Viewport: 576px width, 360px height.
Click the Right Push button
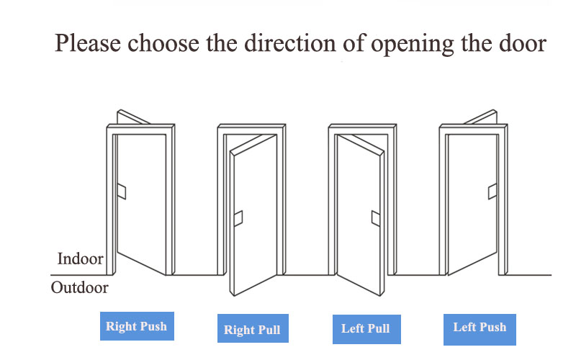click(x=137, y=326)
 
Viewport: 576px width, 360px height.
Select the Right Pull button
click(x=253, y=328)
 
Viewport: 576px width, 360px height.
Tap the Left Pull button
click(x=366, y=329)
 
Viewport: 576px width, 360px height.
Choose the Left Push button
click(x=480, y=330)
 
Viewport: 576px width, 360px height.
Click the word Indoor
click(x=81, y=258)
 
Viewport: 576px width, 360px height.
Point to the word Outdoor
click(x=80, y=287)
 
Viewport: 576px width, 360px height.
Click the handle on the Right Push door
click(x=122, y=192)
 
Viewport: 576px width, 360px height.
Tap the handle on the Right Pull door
click(x=238, y=218)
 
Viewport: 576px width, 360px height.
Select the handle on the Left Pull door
click(x=376, y=218)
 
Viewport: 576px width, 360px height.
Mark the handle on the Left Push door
click(x=492, y=192)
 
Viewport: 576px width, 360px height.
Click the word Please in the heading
click(x=88, y=43)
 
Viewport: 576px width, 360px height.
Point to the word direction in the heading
click(x=290, y=43)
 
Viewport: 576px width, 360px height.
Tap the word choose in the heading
click(x=163, y=43)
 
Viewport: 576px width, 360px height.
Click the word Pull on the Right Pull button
click(x=269, y=330)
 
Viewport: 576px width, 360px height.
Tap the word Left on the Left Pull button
click(x=353, y=328)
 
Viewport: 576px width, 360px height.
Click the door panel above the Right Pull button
click(x=253, y=217)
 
